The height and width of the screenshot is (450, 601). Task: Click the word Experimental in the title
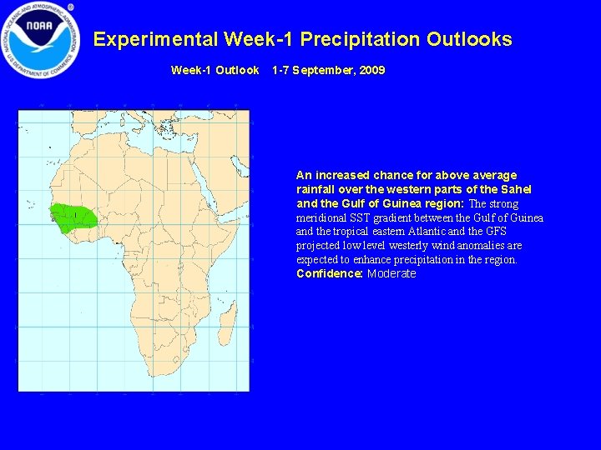tap(155, 39)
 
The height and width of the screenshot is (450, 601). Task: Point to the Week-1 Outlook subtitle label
tap(215, 71)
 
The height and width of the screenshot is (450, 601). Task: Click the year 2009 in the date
tap(372, 71)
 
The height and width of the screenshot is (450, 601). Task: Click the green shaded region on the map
tap(73, 217)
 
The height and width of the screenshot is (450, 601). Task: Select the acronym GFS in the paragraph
tap(495, 232)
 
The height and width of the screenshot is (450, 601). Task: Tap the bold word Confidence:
tap(329, 274)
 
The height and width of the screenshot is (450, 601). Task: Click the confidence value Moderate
tap(391, 274)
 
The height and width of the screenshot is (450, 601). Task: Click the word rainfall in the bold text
tap(317, 189)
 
